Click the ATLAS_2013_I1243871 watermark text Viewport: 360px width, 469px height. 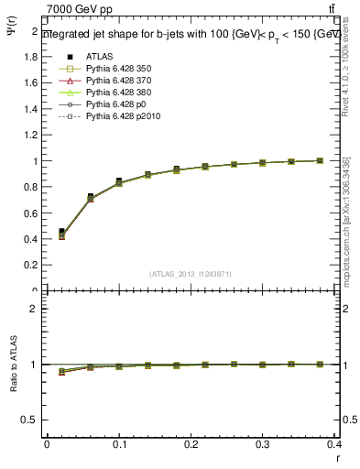[x=191, y=275]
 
